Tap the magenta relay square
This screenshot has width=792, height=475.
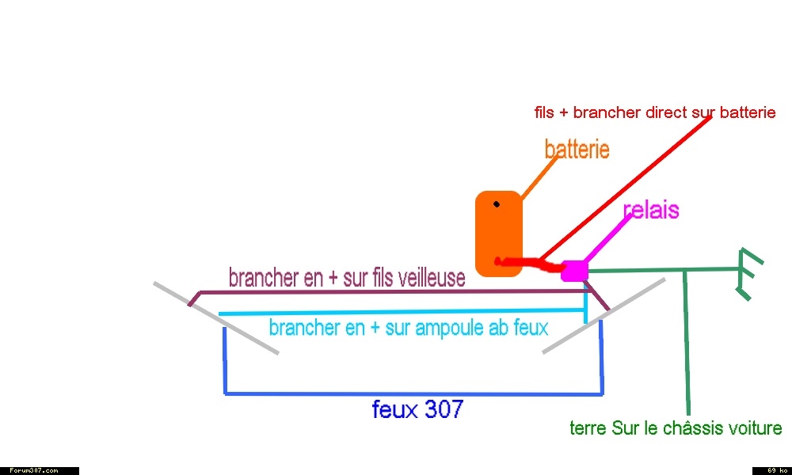point(574,271)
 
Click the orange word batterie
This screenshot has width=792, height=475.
point(577,150)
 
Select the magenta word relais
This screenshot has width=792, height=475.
point(651,210)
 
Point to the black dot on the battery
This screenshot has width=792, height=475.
point(497,204)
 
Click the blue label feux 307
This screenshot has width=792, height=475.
point(417,409)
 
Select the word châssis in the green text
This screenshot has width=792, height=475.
point(687,428)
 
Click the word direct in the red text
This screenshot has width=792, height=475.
point(665,112)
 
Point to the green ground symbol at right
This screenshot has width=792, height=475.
point(747,274)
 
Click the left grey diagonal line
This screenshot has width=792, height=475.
point(215,318)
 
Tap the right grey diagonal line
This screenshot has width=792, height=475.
point(604,316)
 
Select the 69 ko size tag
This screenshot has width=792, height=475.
point(771,470)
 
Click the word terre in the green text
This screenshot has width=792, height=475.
point(588,428)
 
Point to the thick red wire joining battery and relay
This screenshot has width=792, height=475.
point(531,264)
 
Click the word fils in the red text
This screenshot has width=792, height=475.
point(544,112)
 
